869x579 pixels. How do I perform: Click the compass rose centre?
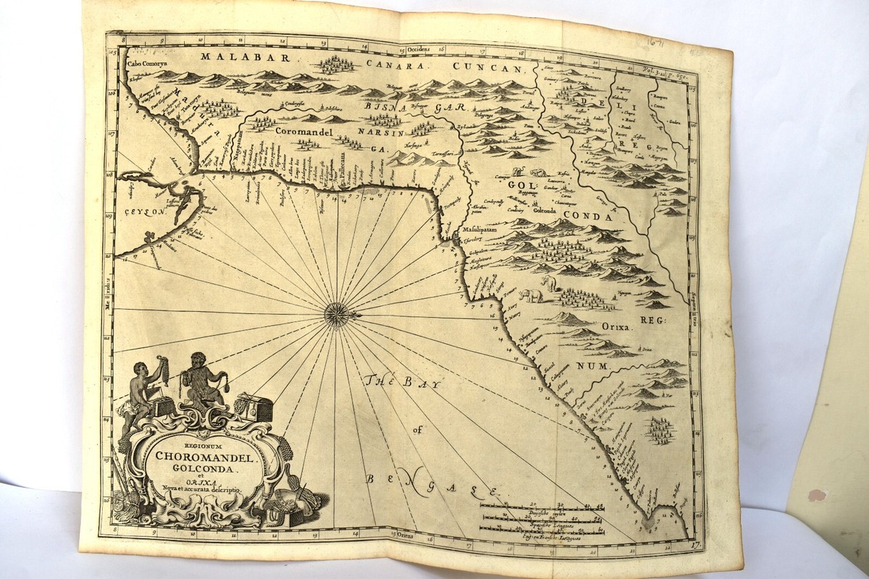pos(337,313)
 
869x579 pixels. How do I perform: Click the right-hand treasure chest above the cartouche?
pos(253,407)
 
